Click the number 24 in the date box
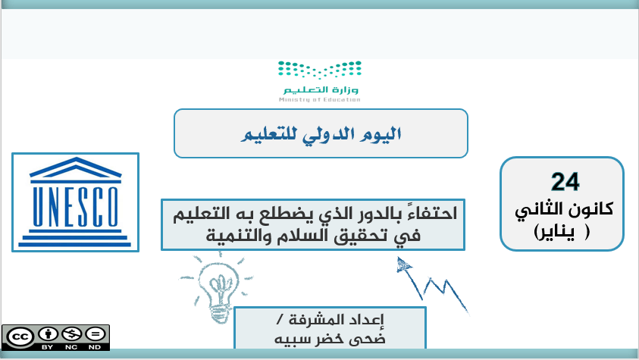(565, 182)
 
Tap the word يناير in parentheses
(555, 232)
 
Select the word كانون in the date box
(589, 209)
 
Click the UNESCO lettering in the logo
(75, 206)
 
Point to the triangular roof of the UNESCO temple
(75, 167)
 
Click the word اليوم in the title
(381, 134)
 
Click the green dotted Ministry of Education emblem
(320, 70)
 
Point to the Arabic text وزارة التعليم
(321, 89)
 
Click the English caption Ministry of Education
(320, 99)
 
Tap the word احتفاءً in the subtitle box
(430, 213)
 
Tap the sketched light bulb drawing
(218, 286)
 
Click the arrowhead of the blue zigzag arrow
(403, 265)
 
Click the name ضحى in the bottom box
(370, 339)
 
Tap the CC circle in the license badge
(20, 337)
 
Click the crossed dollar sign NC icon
(71, 334)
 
